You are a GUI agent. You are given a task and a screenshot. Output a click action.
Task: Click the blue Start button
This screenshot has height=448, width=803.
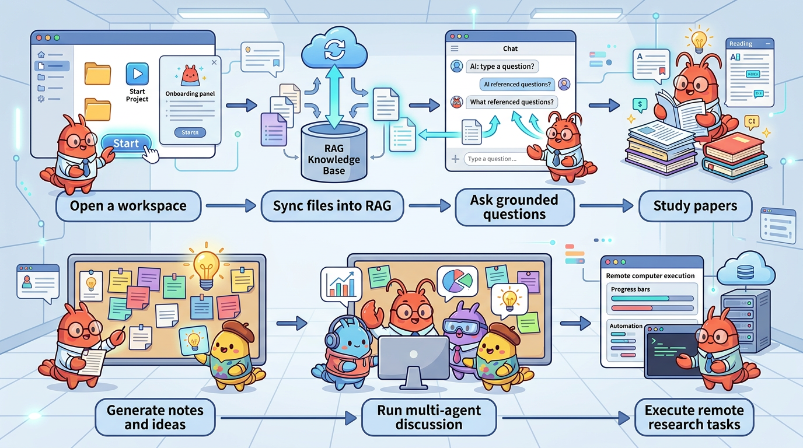(126, 143)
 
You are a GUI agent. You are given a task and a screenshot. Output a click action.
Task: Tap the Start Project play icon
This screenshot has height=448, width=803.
(137, 74)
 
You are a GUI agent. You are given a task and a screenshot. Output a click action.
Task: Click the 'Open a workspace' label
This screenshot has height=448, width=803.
(128, 206)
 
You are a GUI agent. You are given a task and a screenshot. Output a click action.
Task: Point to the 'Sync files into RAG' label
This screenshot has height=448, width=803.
(331, 206)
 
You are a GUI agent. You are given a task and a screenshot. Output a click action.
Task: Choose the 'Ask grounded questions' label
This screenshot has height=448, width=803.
(514, 207)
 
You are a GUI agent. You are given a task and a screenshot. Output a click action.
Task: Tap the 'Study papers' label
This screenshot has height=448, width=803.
(695, 206)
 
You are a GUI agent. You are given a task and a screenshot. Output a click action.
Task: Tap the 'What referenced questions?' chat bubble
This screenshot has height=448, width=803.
(511, 102)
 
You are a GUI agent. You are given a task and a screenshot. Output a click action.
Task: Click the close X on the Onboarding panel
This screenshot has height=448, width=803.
(214, 62)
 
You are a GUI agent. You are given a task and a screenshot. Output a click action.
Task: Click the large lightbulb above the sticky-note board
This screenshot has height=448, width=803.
(205, 267)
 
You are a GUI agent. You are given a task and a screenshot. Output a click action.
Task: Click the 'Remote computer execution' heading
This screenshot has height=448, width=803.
(650, 275)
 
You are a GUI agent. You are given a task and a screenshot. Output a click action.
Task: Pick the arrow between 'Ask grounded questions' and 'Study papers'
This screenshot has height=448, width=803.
(605, 205)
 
